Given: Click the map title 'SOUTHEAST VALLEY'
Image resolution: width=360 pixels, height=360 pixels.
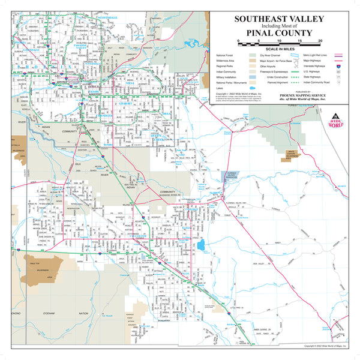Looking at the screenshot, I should pos(278,19).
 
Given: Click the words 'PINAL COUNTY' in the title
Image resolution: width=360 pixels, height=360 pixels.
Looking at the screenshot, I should pos(278,32).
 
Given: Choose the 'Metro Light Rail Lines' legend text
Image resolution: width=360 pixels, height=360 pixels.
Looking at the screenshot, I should pos(314,55).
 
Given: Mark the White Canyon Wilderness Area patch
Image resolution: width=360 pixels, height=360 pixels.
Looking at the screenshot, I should pos(292,154).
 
